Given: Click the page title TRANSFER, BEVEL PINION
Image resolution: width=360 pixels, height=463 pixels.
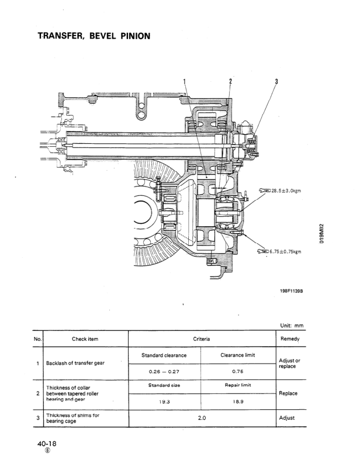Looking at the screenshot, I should [x=94, y=36].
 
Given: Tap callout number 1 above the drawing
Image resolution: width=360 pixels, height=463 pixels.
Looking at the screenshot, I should [x=185, y=81].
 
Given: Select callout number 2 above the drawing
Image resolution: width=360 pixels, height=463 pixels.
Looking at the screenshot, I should [x=230, y=81].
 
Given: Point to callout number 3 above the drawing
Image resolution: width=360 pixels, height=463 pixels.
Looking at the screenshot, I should [x=275, y=81].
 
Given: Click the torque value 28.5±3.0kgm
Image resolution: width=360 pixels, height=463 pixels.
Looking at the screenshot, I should [x=287, y=191].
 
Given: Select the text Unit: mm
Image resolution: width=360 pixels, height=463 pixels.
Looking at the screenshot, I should [x=292, y=326].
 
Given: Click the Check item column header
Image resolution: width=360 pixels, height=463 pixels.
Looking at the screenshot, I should [x=85, y=338].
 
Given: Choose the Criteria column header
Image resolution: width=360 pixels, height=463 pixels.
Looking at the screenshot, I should [x=201, y=338].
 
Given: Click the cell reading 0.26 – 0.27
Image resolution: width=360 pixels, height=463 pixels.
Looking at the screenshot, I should [x=164, y=369].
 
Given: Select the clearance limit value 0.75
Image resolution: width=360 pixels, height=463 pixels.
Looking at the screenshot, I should [x=237, y=369].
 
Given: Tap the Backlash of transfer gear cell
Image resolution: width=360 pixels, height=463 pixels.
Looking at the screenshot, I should [x=75, y=362].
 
